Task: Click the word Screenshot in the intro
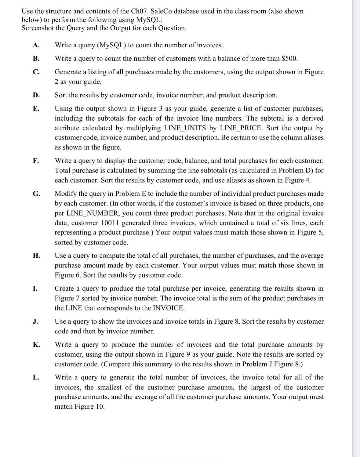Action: coord(38,28)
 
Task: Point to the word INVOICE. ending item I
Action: coord(168,308)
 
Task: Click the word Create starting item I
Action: coord(65,288)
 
